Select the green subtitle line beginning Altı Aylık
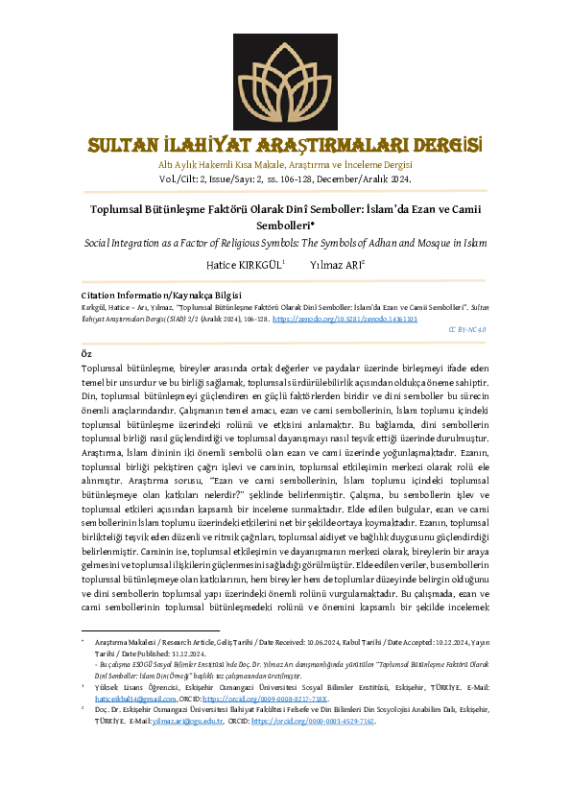[285, 165]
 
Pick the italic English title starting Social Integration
[285, 245]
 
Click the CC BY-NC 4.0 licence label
[467, 328]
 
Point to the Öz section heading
[86, 353]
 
